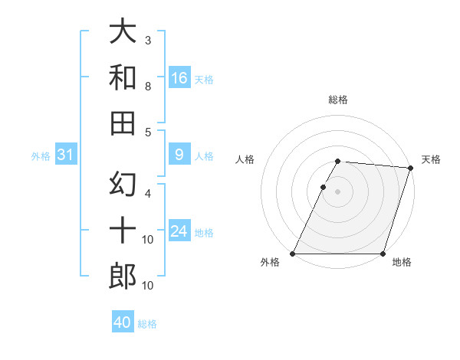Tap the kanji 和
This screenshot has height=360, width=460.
point(123,77)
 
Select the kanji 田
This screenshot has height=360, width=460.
point(123,123)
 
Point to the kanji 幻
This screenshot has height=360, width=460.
point(123,185)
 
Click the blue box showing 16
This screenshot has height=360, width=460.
point(179,78)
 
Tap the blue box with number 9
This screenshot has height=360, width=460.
point(179,155)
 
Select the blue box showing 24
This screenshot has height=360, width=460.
point(179,231)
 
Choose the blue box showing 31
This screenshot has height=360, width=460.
point(65,155)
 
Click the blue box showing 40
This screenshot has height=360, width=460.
point(123,322)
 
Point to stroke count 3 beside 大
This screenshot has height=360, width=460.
point(147,40)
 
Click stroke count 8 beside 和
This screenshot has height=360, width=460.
point(147,87)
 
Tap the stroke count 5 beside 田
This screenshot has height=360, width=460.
point(147,132)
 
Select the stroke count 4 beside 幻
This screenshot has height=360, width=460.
point(147,193)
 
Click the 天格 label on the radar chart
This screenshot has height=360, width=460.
point(431,159)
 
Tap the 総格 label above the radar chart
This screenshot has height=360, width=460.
point(338,100)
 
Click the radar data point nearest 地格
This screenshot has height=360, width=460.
point(383,254)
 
